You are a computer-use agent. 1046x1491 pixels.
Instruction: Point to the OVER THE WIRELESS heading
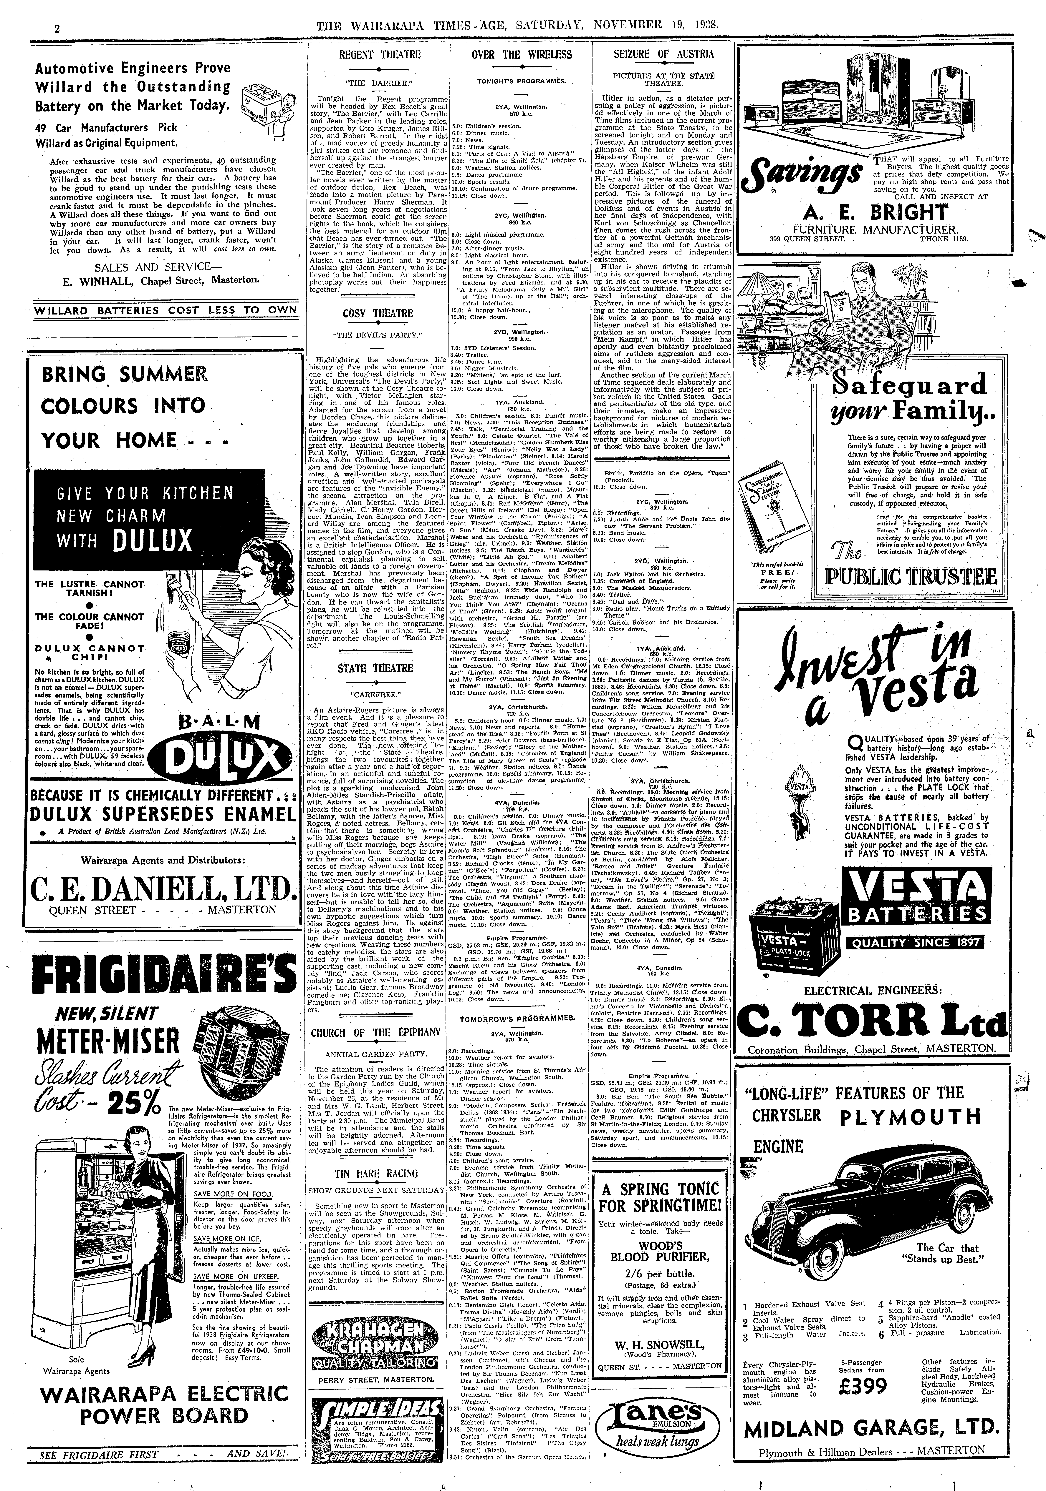(x=522, y=55)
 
